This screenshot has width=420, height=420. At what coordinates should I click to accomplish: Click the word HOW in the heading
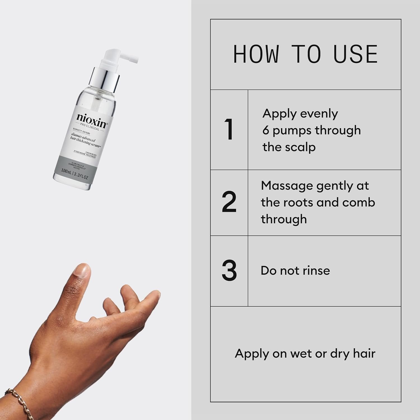point(256,54)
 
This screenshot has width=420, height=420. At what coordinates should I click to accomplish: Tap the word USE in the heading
point(355,54)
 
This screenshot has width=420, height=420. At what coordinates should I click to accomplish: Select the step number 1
point(229,130)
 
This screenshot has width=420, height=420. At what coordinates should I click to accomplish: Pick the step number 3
point(229,271)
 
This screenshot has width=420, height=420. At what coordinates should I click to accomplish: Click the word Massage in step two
point(287,186)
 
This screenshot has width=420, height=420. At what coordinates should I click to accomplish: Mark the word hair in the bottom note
point(364,353)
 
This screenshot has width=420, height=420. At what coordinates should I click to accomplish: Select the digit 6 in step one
point(266,130)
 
